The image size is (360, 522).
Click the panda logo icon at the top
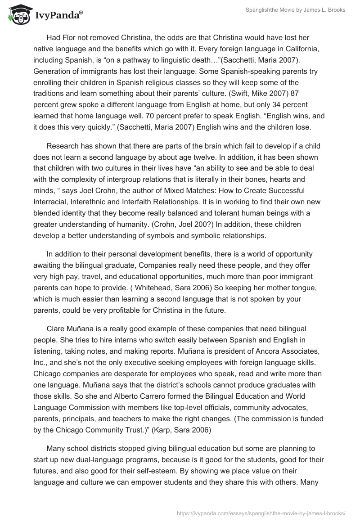(x=17, y=15)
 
